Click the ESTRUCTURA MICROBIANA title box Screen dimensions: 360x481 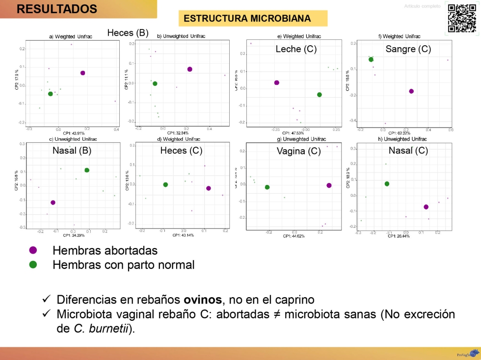click(x=247, y=19)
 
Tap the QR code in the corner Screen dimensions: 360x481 click(x=462, y=18)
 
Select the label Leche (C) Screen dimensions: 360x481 click(x=296, y=50)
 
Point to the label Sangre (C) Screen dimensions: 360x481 click(x=408, y=49)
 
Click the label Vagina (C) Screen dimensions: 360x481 click(x=298, y=151)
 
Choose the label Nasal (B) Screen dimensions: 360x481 click(x=72, y=151)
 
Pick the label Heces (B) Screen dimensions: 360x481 click(x=128, y=33)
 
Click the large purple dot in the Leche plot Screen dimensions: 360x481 click(x=277, y=83)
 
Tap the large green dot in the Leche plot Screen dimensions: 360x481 click(x=320, y=95)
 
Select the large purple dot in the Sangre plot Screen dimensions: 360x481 click(x=411, y=91)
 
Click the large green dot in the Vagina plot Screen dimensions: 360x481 click(x=267, y=187)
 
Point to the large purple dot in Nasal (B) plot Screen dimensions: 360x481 click(x=53, y=203)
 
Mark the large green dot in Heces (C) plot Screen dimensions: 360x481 click(x=165, y=185)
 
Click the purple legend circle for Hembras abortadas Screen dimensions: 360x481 click(x=33, y=251)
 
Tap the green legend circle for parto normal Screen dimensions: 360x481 click(x=33, y=265)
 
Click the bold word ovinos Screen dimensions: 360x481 click(x=203, y=299)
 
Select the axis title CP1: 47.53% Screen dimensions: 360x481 click(x=293, y=132)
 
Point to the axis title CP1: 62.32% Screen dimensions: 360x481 click(x=399, y=132)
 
